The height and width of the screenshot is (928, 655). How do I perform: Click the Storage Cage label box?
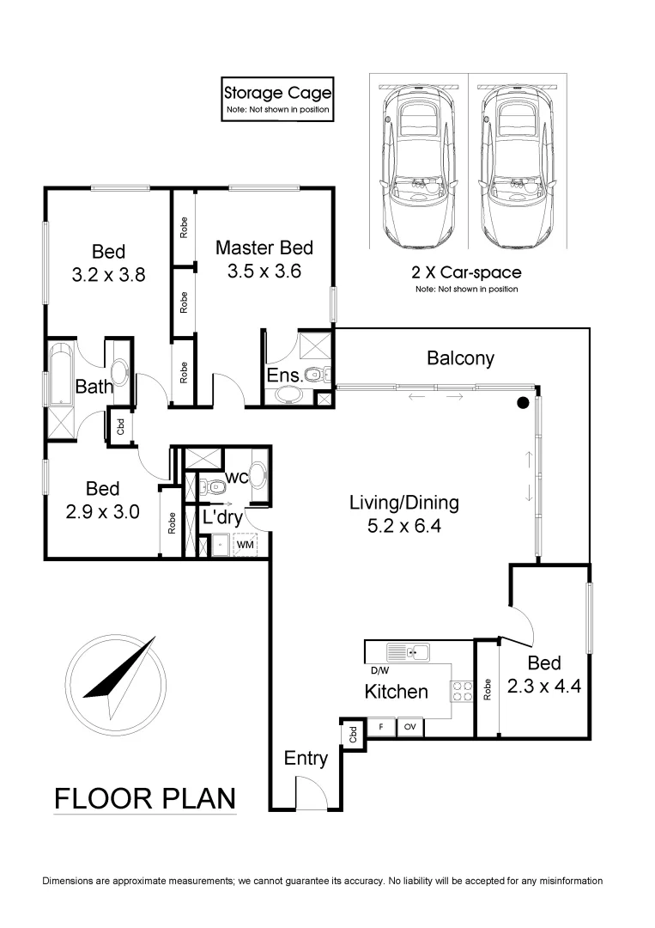[x=276, y=100]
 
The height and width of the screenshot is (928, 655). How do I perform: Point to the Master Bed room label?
[x=264, y=248]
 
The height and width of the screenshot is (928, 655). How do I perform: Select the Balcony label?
[x=460, y=358]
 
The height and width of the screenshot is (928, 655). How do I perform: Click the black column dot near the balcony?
[x=522, y=402]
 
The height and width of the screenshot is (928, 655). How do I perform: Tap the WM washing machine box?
[x=245, y=544]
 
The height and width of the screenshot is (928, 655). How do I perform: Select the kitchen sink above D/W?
[x=408, y=652]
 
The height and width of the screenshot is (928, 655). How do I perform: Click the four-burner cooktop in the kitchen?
[x=462, y=691]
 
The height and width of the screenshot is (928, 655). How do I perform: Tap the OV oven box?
[x=409, y=727]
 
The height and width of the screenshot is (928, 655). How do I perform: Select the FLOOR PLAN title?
[x=144, y=798]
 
